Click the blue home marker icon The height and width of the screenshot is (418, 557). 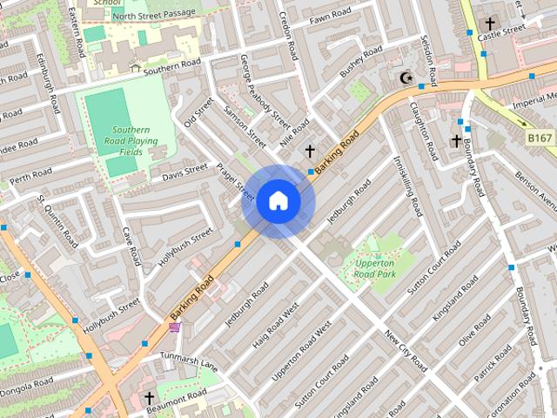(x=278, y=201)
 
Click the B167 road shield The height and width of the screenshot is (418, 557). (x=540, y=138)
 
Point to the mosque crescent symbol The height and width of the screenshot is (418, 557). (x=404, y=78)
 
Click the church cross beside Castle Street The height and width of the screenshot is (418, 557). (x=490, y=24)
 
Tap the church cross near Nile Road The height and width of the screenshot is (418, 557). (x=310, y=152)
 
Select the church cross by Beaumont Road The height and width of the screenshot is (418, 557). (x=149, y=399)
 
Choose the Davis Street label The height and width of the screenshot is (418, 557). (x=185, y=173)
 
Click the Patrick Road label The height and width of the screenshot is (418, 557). (x=493, y=366)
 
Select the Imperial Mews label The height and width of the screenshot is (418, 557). (x=533, y=103)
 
